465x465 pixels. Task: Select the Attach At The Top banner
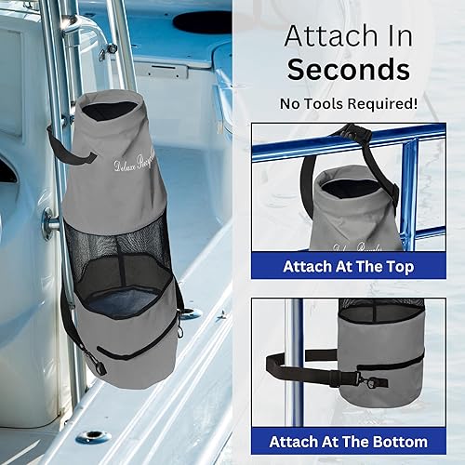(x=348, y=265)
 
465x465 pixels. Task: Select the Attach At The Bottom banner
(x=348, y=441)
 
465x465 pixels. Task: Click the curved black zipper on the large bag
(x=139, y=347)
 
